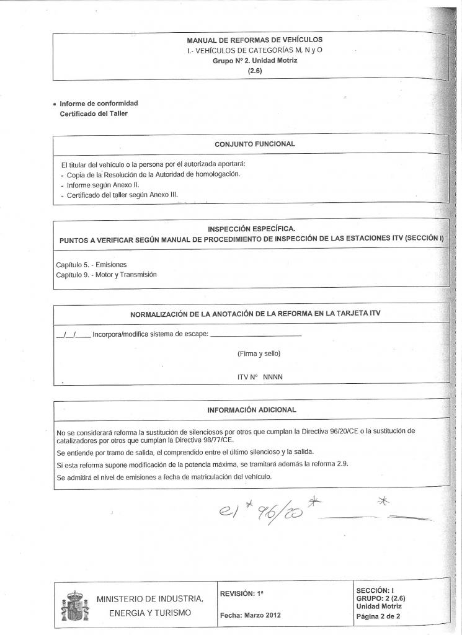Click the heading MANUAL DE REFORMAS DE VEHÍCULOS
254,40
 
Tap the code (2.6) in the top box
255,71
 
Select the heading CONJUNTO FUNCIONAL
254,144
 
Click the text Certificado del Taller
94,114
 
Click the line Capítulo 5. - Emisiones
91,265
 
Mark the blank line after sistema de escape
255,336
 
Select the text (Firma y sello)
259,354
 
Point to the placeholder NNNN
273,377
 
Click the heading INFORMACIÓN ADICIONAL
252,410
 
